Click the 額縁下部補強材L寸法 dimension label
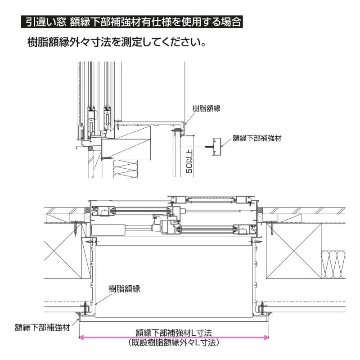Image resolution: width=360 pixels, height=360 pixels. click(x=174, y=333)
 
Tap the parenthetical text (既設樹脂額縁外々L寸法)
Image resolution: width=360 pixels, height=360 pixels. click(x=174, y=342)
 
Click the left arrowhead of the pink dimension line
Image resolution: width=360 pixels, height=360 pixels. click(x=81, y=337)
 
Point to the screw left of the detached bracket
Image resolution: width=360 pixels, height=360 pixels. click(x=208, y=146)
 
